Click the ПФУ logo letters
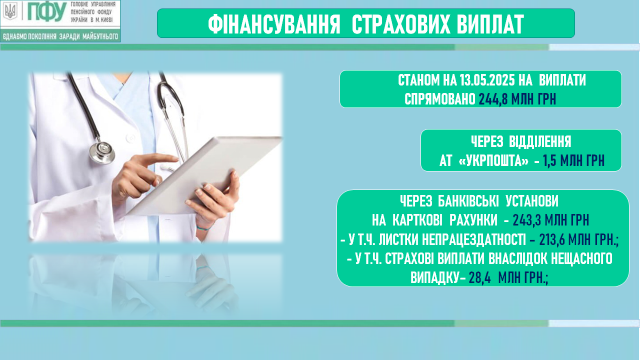[46, 12]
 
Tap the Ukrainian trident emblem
[11, 11]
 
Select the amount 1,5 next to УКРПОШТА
[549, 161]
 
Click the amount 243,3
[527, 220]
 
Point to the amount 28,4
[479, 277]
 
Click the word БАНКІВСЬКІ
[468, 201]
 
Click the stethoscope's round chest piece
[102, 151]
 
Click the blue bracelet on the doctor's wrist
[203, 228]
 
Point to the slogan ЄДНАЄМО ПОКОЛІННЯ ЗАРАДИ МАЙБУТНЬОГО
[60, 36]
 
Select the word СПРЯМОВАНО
[439, 99]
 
